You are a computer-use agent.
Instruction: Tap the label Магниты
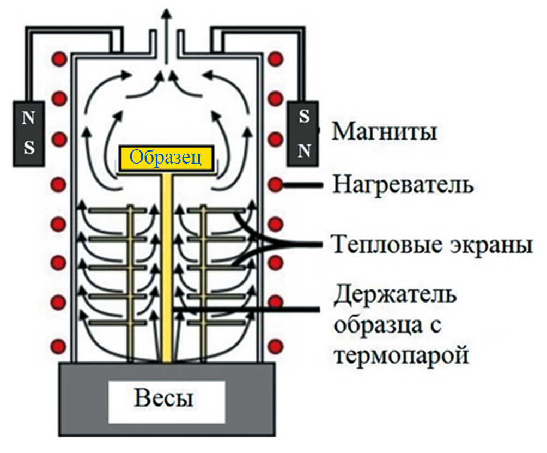384,131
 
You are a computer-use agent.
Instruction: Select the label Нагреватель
403,185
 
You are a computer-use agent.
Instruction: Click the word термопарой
400,355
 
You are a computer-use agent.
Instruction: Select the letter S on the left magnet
29,148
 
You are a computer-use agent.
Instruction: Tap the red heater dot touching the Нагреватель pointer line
276,185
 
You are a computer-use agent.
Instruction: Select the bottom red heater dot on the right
276,345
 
